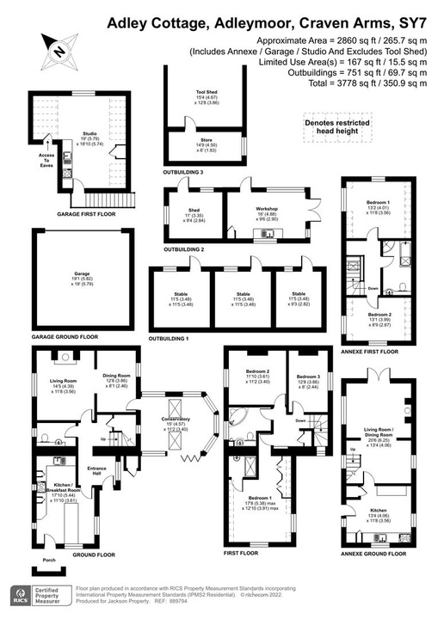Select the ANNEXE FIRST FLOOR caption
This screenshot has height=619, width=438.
372,351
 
